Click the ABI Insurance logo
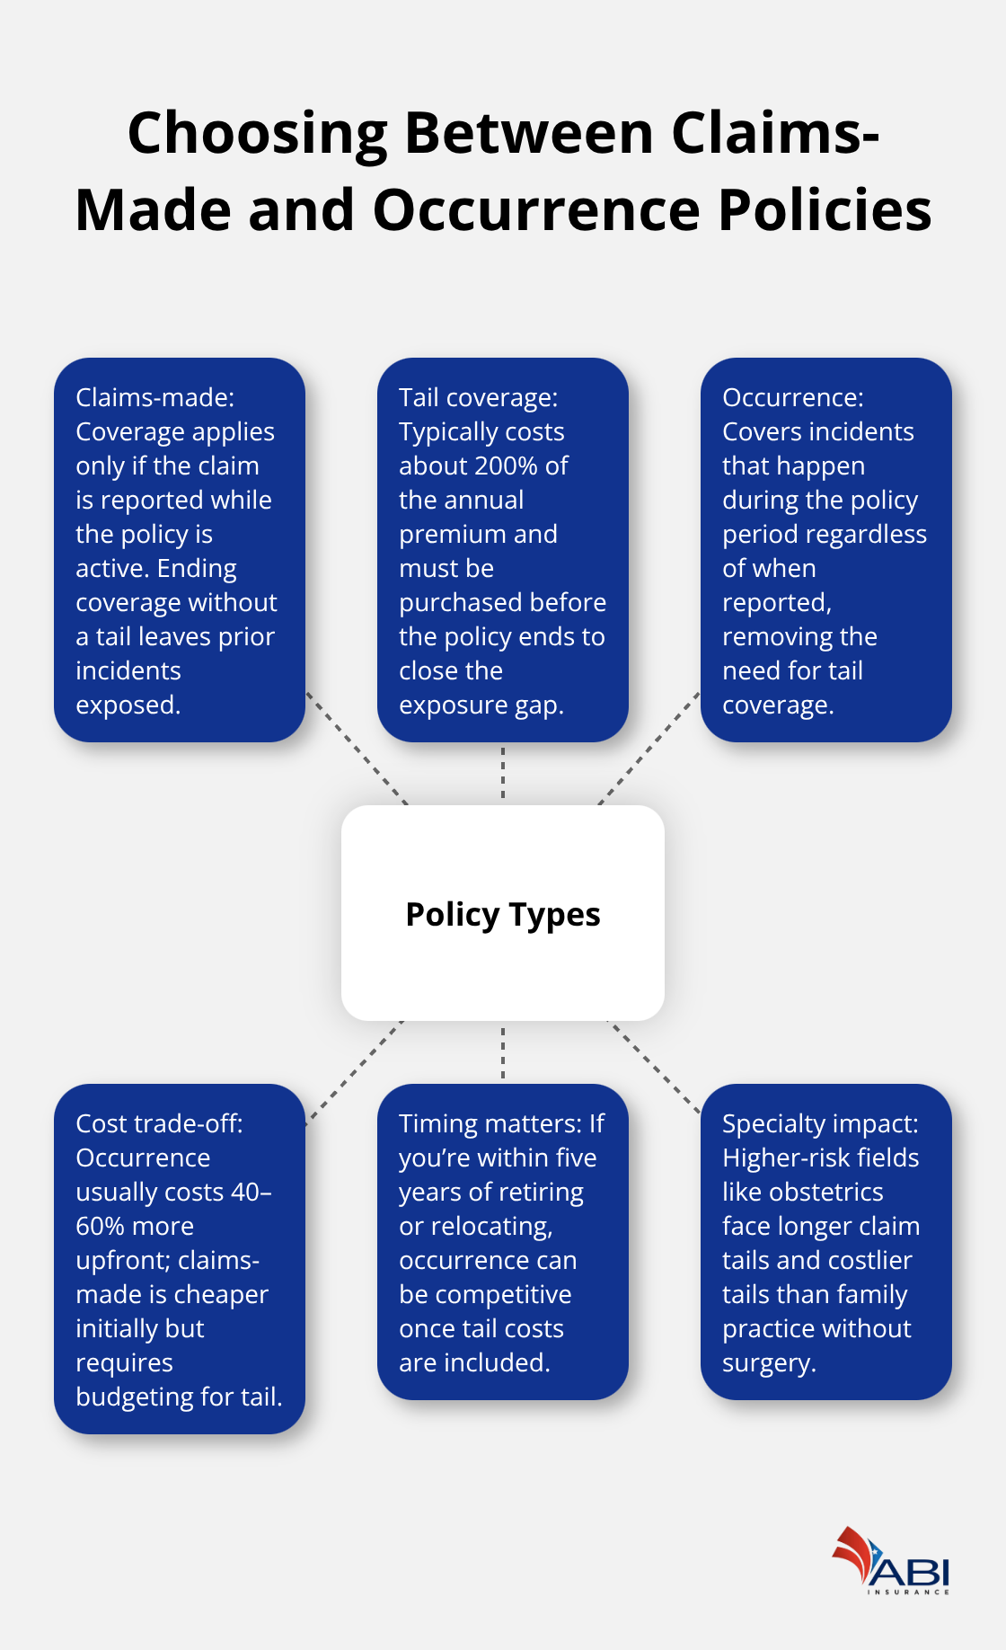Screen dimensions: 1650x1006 point(890,1562)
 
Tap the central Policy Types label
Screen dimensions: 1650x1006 point(503,915)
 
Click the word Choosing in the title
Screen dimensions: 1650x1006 point(256,133)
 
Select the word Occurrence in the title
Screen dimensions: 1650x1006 point(536,210)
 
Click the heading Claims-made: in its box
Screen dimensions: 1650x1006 point(154,397)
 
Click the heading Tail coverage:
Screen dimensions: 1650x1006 point(478,397)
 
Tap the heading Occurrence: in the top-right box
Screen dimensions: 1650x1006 point(792,397)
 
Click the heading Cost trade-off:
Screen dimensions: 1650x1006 point(159,1123)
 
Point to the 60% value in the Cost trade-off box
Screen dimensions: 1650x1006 point(96,1226)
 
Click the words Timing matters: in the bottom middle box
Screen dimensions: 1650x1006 point(490,1123)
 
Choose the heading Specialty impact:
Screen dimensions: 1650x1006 point(819,1123)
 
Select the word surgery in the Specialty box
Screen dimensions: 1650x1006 point(768,1362)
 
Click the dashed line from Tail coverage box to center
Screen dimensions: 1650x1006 point(503,773)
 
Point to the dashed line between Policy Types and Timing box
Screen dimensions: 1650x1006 point(503,1052)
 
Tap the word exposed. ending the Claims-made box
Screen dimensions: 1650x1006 point(128,705)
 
